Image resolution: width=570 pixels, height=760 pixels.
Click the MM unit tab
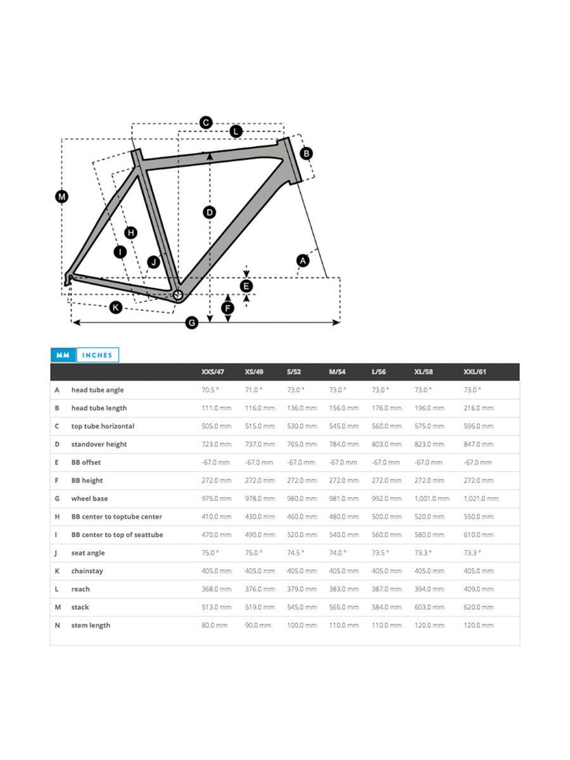[x=63, y=355]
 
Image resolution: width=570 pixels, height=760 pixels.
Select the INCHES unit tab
[x=98, y=355]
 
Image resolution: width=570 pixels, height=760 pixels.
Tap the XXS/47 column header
[x=213, y=372]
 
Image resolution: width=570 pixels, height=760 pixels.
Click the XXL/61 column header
[x=474, y=372]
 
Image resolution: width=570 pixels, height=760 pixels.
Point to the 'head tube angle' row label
[x=98, y=390]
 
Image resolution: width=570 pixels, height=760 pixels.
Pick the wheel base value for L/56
[x=386, y=498]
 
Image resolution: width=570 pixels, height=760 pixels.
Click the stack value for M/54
[x=344, y=607]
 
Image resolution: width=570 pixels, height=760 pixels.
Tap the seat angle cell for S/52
[x=295, y=553]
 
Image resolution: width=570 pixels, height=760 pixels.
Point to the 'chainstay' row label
[x=87, y=571]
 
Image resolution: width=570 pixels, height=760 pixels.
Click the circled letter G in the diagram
[x=192, y=323]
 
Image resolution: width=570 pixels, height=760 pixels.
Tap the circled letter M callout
[x=61, y=197]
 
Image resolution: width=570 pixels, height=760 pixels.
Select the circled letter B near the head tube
[x=306, y=153]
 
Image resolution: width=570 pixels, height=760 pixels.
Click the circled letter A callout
[x=303, y=260]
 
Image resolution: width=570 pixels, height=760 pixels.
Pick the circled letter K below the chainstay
[x=115, y=307]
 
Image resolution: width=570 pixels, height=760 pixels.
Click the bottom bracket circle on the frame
[x=178, y=294]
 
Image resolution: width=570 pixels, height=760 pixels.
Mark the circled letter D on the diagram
[x=210, y=212]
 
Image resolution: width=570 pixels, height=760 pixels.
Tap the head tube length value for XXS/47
[x=216, y=408]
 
